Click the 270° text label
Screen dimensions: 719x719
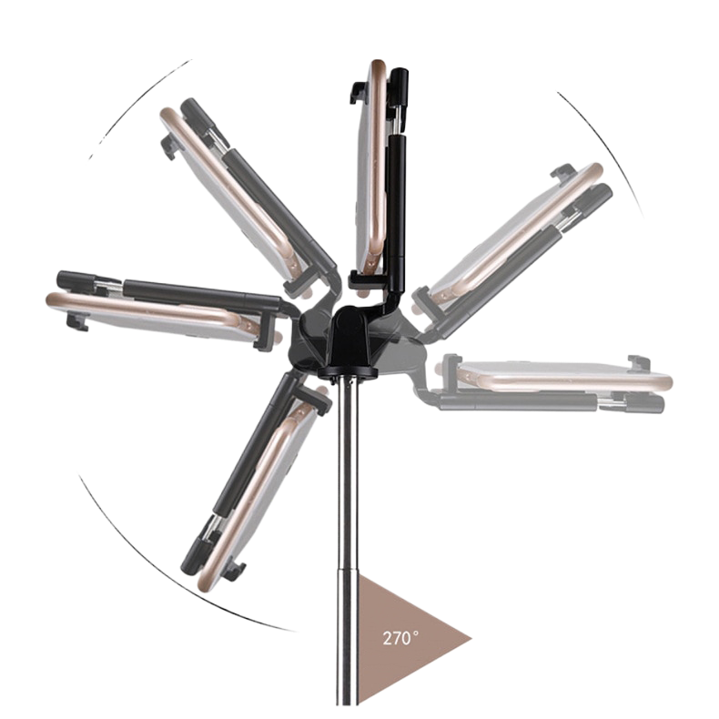400,638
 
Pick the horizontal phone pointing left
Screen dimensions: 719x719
156,316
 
